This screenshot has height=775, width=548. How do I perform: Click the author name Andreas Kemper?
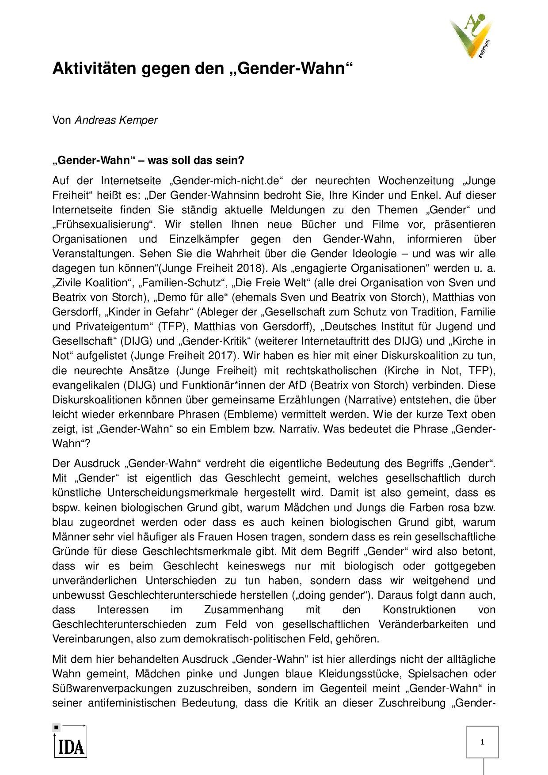click(116, 120)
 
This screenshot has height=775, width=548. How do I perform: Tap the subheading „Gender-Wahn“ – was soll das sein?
click(148, 160)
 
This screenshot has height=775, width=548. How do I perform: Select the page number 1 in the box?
click(482, 742)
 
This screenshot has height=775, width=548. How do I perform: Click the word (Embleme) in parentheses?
click(244, 414)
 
